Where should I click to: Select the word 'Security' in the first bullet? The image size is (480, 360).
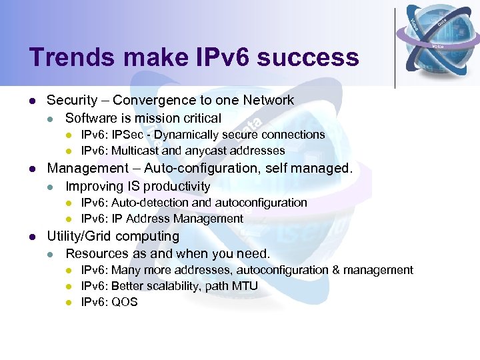(72, 100)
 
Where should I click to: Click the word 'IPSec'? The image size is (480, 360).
(125, 135)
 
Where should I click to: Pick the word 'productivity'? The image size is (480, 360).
(177, 186)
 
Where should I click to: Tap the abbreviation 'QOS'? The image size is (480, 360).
(125, 302)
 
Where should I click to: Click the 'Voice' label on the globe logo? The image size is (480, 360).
(438, 46)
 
